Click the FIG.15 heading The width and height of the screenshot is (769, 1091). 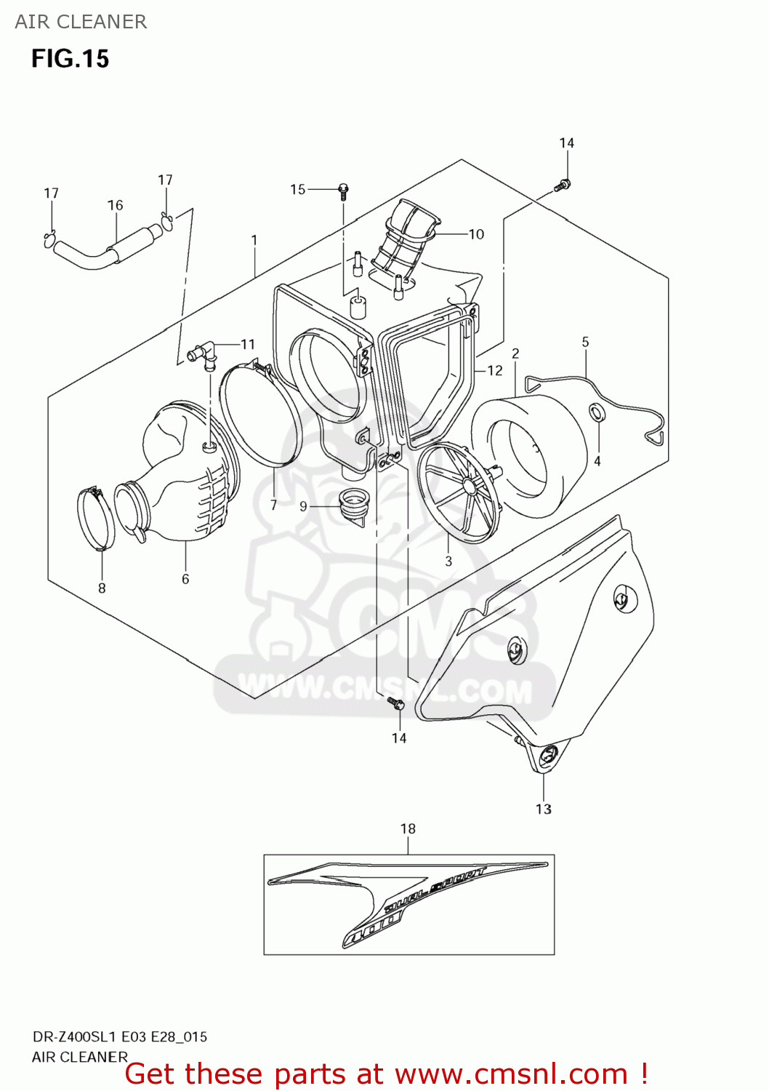point(70,59)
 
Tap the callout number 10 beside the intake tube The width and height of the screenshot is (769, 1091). point(476,234)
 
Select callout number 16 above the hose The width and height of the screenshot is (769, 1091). point(116,206)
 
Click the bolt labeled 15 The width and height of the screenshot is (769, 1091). point(344,191)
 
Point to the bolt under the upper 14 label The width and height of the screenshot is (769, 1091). point(563,185)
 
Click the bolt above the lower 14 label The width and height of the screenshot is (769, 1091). point(395,703)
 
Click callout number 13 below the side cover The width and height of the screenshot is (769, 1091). point(544,810)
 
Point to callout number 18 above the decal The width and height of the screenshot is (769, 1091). point(408,829)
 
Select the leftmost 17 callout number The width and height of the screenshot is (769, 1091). point(51,193)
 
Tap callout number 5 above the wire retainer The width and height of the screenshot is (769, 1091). point(585,342)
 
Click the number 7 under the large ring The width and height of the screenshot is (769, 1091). point(273,505)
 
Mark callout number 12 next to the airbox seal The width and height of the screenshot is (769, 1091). point(495,371)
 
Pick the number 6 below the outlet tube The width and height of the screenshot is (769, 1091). point(185,579)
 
